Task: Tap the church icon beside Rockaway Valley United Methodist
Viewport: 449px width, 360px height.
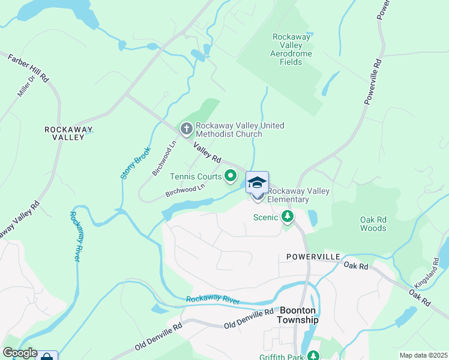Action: tap(186, 129)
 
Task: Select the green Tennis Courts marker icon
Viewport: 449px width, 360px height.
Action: tap(231, 176)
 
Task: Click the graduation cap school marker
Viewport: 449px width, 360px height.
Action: tap(257, 182)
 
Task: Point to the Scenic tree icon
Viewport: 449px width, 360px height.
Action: tap(288, 217)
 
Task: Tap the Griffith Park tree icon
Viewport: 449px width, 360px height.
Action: tap(313, 356)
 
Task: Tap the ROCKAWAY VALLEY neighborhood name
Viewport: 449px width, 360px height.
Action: tap(65, 133)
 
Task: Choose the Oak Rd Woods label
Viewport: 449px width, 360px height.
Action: tap(373, 224)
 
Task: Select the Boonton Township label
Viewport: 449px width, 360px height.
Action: tap(298, 315)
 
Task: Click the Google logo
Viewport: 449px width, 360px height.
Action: tap(20, 353)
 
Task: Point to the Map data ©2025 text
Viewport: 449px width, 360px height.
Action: tap(423, 355)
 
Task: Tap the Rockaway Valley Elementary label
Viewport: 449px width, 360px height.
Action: tap(298, 195)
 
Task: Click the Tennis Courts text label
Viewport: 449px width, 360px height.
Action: tap(196, 176)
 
